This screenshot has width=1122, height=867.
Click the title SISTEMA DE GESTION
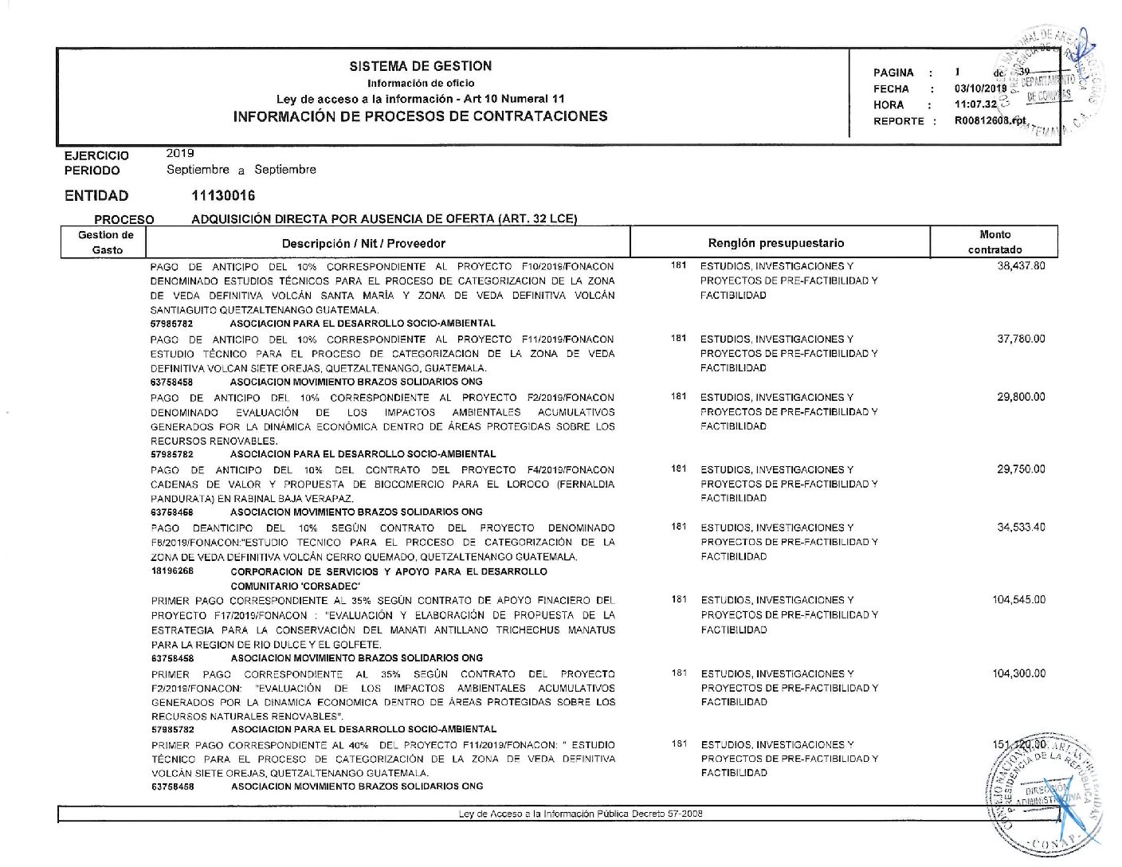pos(420,66)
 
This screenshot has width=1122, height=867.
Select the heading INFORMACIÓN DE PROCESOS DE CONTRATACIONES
pos(420,116)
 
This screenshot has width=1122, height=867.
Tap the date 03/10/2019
pos(980,88)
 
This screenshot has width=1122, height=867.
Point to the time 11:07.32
pos(975,104)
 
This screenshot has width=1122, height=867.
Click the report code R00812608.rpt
pos(991,120)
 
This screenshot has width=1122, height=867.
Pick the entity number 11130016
pos(223,196)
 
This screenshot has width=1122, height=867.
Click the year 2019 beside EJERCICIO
pos(180,153)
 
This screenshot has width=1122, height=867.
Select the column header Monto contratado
pos(994,242)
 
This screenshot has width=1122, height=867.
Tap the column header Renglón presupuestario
pos(775,243)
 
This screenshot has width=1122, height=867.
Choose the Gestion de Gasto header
pos(106,242)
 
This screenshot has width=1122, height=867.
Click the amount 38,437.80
pos(1021,266)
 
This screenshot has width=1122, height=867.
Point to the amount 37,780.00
pos(1021,339)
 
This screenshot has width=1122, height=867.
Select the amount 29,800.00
pos(1021,397)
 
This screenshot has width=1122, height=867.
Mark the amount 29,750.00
pos(1021,469)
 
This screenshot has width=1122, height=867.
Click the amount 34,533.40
pos(1021,528)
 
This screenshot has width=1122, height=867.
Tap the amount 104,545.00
pos(1018,600)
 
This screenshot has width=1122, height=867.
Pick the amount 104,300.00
pos(1018,673)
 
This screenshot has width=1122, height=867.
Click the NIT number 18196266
pos(172,571)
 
